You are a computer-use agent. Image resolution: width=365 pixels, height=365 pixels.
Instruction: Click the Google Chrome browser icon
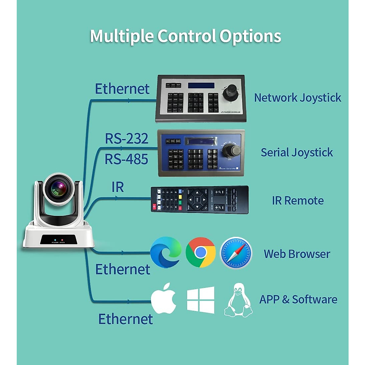pyautogui.click(x=200, y=252)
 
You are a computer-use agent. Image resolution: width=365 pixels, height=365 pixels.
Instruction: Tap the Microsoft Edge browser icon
pyautogui.click(x=166, y=252)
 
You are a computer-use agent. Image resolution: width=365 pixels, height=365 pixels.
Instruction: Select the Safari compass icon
pyautogui.click(x=236, y=253)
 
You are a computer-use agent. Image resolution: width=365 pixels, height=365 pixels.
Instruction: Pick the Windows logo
pyautogui.click(x=200, y=300)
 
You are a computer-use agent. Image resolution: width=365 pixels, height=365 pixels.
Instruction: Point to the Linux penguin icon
pyautogui.click(x=238, y=301)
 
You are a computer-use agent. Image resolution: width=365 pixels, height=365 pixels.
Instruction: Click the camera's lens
pyautogui.click(x=59, y=189)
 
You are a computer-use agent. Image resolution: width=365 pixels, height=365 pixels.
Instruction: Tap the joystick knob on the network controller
pyautogui.click(x=230, y=92)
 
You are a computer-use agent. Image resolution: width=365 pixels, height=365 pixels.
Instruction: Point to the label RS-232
pyautogui.click(x=127, y=139)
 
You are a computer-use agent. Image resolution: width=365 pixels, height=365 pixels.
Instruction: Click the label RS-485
pyautogui.click(x=126, y=159)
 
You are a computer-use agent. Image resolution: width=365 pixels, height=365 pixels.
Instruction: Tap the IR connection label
pyautogui.click(x=118, y=187)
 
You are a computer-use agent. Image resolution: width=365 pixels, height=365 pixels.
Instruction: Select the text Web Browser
pyautogui.click(x=297, y=254)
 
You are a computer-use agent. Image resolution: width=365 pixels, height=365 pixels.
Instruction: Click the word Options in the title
pyautogui.click(x=250, y=36)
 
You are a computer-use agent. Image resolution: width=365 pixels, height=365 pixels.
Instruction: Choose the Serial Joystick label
pyautogui.click(x=297, y=152)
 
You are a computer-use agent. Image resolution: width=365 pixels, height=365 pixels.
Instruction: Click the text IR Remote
pyautogui.click(x=297, y=201)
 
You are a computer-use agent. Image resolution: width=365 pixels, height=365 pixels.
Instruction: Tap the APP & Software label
pyautogui.click(x=298, y=300)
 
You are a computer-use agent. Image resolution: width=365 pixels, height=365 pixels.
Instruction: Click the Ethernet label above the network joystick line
pyautogui.click(x=122, y=89)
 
